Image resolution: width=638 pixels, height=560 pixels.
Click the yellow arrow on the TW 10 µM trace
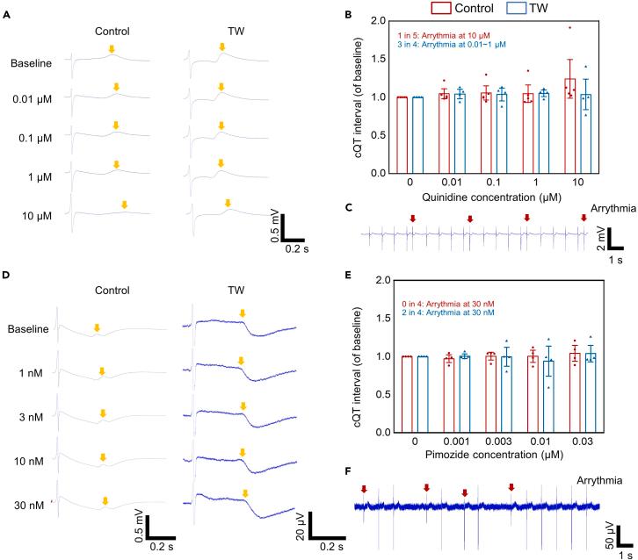click(230, 205)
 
